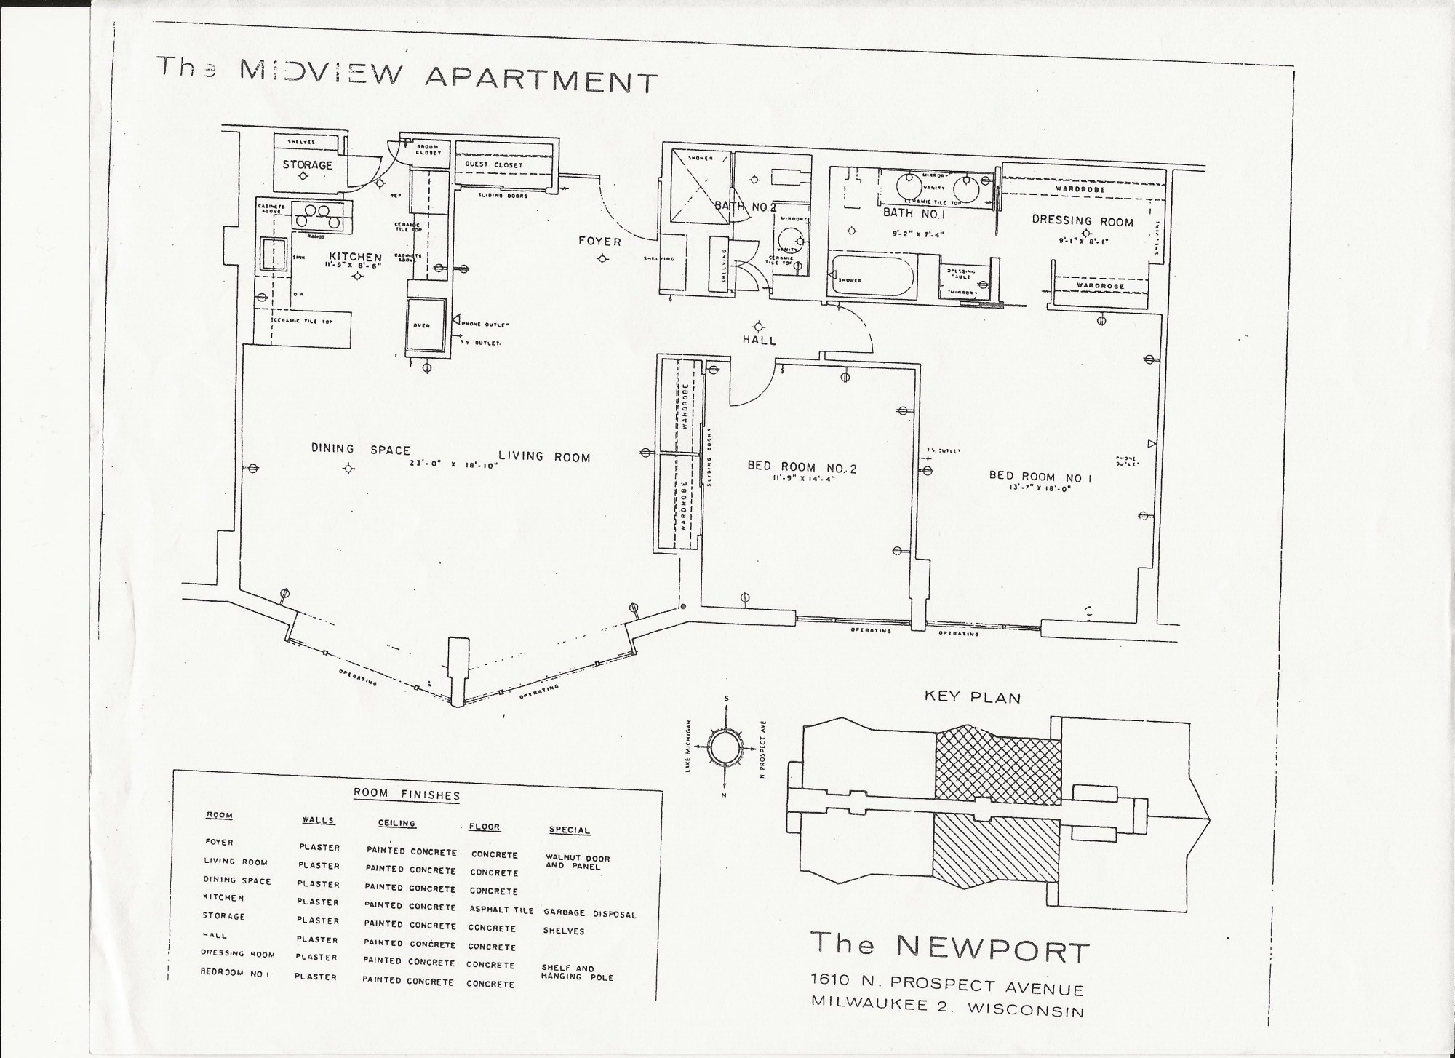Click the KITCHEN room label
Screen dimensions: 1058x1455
click(x=355, y=257)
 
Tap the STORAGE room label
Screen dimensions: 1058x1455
click(x=307, y=165)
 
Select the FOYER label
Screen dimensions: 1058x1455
click(x=600, y=241)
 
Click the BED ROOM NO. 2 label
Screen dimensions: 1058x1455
click(x=802, y=468)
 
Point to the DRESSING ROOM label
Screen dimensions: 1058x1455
click(x=1083, y=220)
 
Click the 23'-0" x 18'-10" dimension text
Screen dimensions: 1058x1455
click(x=453, y=464)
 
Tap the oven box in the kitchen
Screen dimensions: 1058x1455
click(x=426, y=325)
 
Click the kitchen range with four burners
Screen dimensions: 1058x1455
click(x=318, y=216)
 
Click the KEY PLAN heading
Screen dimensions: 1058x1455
click(x=972, y=697)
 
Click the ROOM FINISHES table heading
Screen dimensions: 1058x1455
click(x=407, y=795)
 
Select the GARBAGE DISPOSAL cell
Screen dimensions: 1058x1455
click(x=589, y=914)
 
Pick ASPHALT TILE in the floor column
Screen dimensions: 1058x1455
click(x=501, y=910)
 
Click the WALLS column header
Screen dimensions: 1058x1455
click(x=318, y=820)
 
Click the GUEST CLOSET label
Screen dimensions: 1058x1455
click(x=494, y=165)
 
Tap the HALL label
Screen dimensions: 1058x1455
click(x=760, y=341)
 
